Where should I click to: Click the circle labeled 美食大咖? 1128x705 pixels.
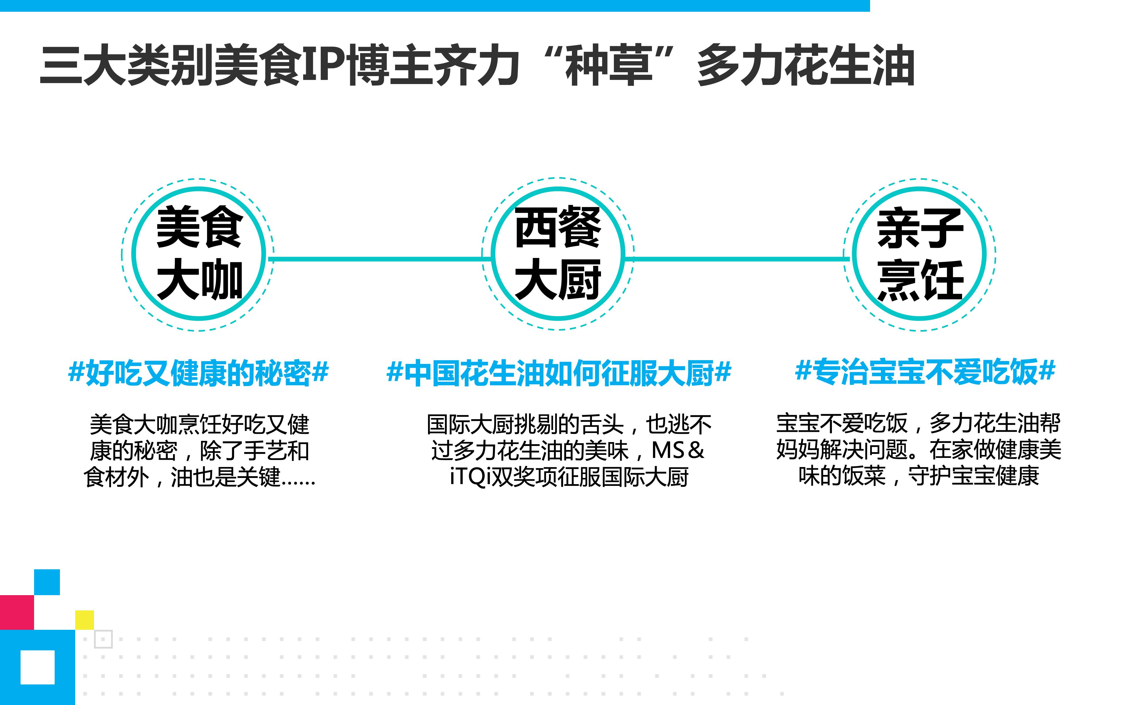tap(199, 254)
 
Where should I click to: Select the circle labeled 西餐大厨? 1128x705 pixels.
tap(558, 254)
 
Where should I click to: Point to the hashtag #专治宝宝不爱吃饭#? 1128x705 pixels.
tap(925, 372)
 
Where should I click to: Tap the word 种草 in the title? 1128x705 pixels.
tap(609, 65)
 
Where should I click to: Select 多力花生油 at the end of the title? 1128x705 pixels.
tap(805, 65)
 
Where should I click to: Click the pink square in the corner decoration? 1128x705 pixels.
tap(17, 612)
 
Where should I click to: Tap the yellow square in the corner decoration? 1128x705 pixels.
tap(84, 620)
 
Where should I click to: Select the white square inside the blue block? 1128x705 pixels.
tap(37, 667)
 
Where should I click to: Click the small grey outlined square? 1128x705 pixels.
tap(103, 639)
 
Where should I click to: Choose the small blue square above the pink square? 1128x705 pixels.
tap(47, 582)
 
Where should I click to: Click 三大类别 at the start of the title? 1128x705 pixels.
tap(127, 65)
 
